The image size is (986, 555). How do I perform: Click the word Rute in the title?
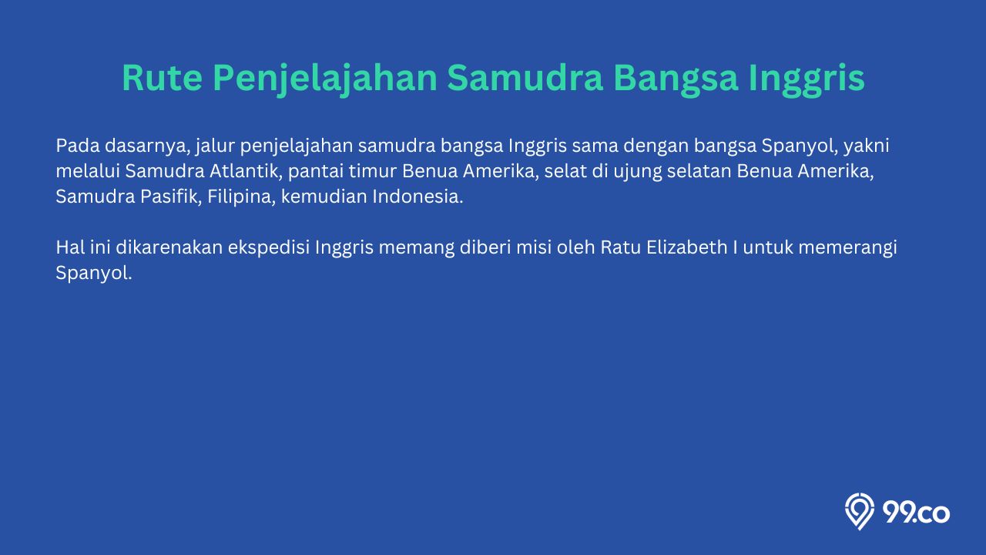click(x=162, y=78)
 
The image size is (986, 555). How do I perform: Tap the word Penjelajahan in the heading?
click(x=325, y=79)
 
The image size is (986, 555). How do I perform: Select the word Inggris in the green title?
click(x=807, y=79)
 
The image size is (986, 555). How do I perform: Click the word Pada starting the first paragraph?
click(x=78, y=146)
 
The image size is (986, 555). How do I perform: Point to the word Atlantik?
click(x=246, y=171)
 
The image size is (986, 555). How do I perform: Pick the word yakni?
click(x=867, y=146)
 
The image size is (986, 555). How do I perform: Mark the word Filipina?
click(x=242, y=197)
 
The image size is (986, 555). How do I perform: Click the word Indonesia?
click(x=418, y=197)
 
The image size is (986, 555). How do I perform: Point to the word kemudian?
click(x=324, y=197)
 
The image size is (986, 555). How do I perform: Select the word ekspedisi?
click(x=269, y=248)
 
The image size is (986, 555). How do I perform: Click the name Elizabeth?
click(x=686, y=247)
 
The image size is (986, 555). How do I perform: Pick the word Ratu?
click(x=621, y=247)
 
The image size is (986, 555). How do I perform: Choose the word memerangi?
click(x=848, y=248)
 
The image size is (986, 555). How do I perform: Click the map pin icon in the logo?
click(x=859, y=511)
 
